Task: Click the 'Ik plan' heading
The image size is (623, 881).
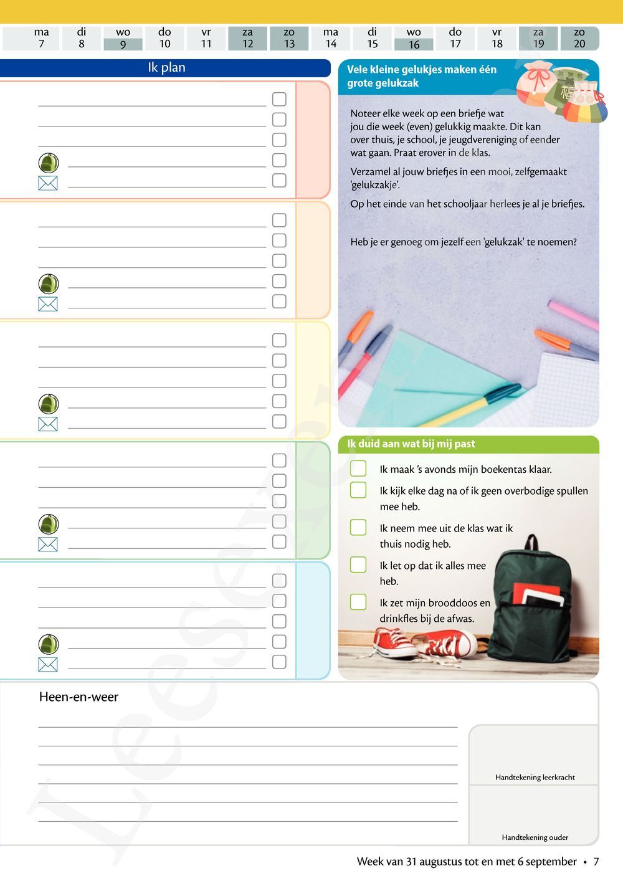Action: click(166, 68)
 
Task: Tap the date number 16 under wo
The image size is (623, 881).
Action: click(414, 44)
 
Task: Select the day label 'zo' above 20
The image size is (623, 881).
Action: click(579, 32)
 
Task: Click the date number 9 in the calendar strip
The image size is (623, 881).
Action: click(123, 44)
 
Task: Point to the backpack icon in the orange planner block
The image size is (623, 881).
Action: click(49, 284)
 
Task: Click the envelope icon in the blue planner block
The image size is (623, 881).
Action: click(48, 664)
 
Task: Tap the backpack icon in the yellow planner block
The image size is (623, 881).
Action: click(49, 404)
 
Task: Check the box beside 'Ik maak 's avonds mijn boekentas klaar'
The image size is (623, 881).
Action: click(358, 468)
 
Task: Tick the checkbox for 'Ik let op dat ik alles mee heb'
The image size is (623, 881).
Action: click(358, 564)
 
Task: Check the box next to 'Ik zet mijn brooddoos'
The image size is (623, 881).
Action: click(358, 602)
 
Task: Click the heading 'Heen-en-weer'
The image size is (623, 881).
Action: click(78, 697)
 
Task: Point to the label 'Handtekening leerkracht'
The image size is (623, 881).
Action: click(535, 777)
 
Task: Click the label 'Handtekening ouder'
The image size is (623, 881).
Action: click(535, 837)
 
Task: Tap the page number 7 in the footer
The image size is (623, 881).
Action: click(596, 862)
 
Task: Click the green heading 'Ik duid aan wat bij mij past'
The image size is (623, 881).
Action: click(411, 444)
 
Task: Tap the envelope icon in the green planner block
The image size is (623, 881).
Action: click(48, 544)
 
